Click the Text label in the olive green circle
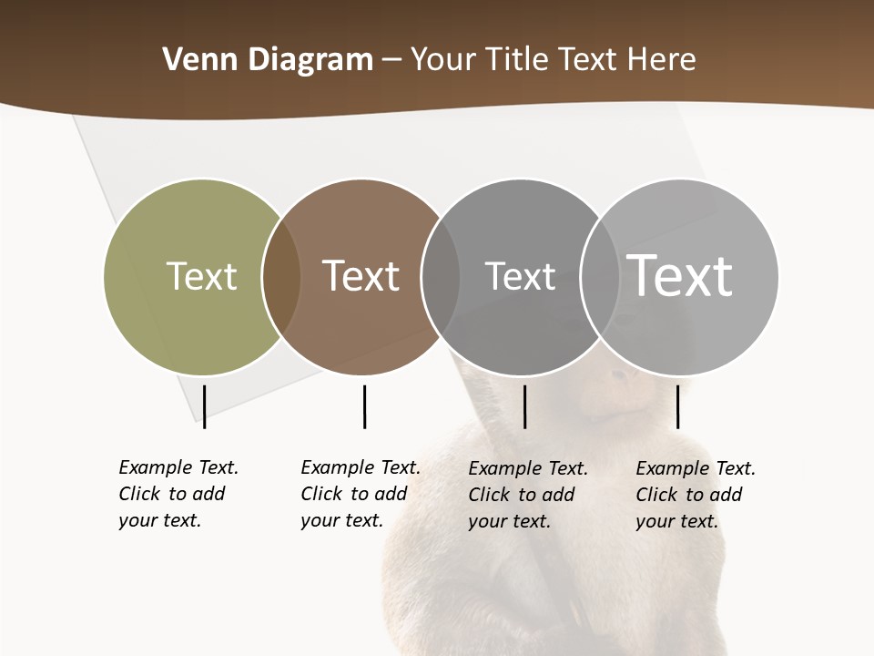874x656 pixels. (201, 276)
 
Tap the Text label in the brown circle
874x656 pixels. (361, 276)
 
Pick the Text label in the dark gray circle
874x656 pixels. (520, 276)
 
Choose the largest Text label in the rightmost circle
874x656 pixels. (680, 275)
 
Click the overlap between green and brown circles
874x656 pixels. (281, 277)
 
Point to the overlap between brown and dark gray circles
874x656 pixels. (441, 277)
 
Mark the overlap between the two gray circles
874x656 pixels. (600, 277)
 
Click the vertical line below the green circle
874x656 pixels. (205, 406)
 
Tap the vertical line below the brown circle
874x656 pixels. (364, 406)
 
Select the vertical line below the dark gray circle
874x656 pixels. (524, 406)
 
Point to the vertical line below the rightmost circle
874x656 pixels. (677, 406)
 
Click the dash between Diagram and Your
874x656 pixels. (391, 60)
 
